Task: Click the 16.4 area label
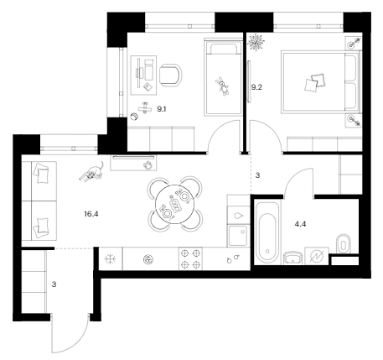pyautogui.click(x=91, y=214)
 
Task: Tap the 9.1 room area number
pyautogui.click(x=162, y=109)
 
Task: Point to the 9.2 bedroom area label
pyautogui.click(x=256, y=87)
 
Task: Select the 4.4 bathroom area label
pyautogui.click(x=300, y=224)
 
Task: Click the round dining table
pyautogui.click(x=174, y=204)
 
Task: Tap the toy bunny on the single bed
pyautogui.click(x=223, y=86)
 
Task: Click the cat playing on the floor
pyautogui.click(x=91, y=172)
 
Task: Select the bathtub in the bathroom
pyautogui.click(x=267, y=232)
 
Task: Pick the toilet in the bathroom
pyautogui.click(x=344, y=243)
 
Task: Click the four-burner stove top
pyautogui.click(x=191, y=258)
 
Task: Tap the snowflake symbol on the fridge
pyautogui.click(x=110, y=259)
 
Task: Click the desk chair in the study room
pyautogui.click(x=170, y=75)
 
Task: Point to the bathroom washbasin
pyautogui.click(x=293, y=258)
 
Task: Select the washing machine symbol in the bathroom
pyautogui.click(x=317, y=256)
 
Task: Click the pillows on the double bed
pyautogui.click(x=315, y=82)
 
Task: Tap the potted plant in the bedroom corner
pyautogui.click(x=256, y=42)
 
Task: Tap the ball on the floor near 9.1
pyautogui.click(x=134, y=117)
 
